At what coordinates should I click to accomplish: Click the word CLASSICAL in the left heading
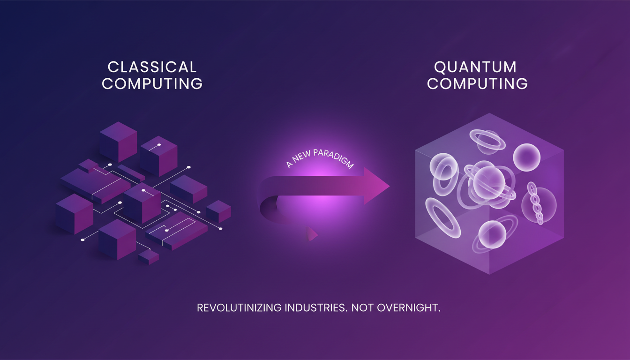point(152,67)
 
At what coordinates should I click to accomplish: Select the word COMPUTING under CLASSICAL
point(152,84)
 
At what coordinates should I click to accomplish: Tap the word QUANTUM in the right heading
point(475,67)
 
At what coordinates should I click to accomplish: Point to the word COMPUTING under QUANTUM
point(477,84)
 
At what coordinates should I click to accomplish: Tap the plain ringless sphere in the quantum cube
point(526,157)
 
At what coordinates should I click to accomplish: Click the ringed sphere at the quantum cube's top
point(487,139)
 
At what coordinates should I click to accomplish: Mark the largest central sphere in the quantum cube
point(488,180)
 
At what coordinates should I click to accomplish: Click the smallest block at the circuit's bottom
point(148,257)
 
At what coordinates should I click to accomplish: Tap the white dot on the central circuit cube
point(143,191)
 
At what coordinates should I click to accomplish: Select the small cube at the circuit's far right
point(218,211)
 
